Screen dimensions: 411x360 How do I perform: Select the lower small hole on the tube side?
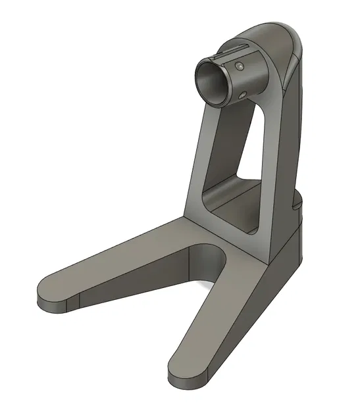click(245, 95)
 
